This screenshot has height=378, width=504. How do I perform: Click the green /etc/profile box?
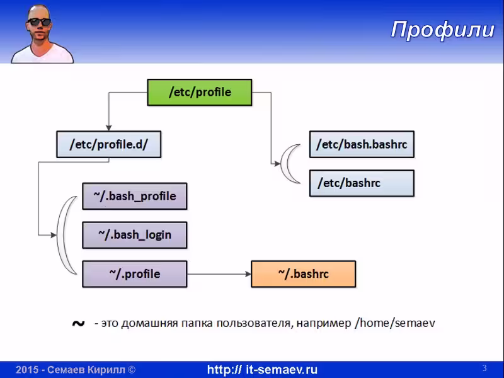pos(200,92)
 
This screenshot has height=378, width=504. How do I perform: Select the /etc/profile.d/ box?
pos(108,144)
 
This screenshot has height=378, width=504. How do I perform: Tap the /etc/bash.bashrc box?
pos(362,144)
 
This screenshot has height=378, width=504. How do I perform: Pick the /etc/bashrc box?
pos(362,183)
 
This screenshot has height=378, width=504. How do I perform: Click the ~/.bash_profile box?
pos(135,196)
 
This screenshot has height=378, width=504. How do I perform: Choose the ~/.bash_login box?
pos(135,235)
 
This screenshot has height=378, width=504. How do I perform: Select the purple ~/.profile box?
pos(135,274)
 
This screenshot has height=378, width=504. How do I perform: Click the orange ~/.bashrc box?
pos(303,274)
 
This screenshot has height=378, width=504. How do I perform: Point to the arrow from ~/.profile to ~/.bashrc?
pos(219,274)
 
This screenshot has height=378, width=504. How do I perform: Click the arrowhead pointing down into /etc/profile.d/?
pos(108,128)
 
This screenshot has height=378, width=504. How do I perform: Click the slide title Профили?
pos(443,30)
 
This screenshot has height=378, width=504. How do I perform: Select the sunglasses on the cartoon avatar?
pos(39,22)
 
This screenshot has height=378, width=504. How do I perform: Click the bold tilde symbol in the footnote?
pos(78,323)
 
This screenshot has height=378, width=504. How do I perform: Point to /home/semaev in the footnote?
pos(395,323)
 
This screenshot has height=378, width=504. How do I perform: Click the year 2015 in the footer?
pos(27,370)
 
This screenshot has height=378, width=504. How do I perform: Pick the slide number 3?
pos(484,368)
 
